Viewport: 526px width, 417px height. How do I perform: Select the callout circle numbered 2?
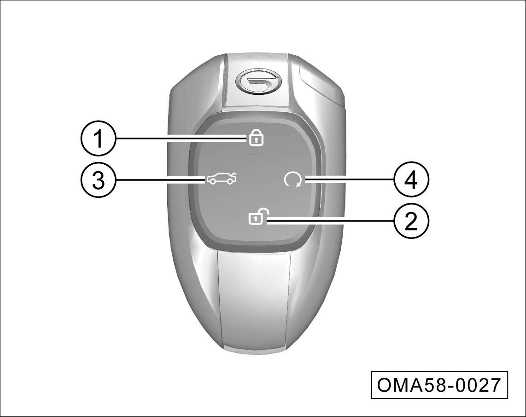tap(411, 221)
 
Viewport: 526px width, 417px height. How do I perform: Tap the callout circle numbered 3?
tap(98, 180)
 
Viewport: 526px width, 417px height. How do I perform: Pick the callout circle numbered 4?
tap(411, 180)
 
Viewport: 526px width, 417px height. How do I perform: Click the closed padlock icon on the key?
tap(256, 138)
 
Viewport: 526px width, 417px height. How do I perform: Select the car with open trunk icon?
tap(222, 180)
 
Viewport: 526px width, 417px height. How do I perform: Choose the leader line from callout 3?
tap(161, 180)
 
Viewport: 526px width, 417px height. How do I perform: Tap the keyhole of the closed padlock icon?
tap(256, 141)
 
